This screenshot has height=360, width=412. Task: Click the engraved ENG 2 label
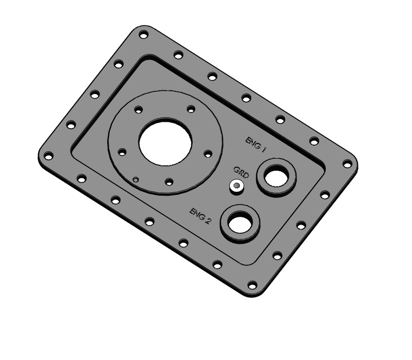[199, 215]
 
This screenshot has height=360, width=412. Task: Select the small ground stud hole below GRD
[236, 186]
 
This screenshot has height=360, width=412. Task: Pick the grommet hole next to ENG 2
[241, 222]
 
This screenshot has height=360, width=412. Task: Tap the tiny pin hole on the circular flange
[135, 178]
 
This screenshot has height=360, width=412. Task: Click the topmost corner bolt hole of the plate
[143, 35]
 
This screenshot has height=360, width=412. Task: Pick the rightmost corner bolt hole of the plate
[347, 163]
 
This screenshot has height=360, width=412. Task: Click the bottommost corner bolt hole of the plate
[252, 286]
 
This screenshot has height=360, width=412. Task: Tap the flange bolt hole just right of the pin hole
[169, 181]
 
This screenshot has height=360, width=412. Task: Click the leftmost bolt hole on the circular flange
[121, 152]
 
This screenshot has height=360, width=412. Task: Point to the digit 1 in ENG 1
[263, 149]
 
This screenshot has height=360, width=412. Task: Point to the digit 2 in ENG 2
[208, 221]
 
